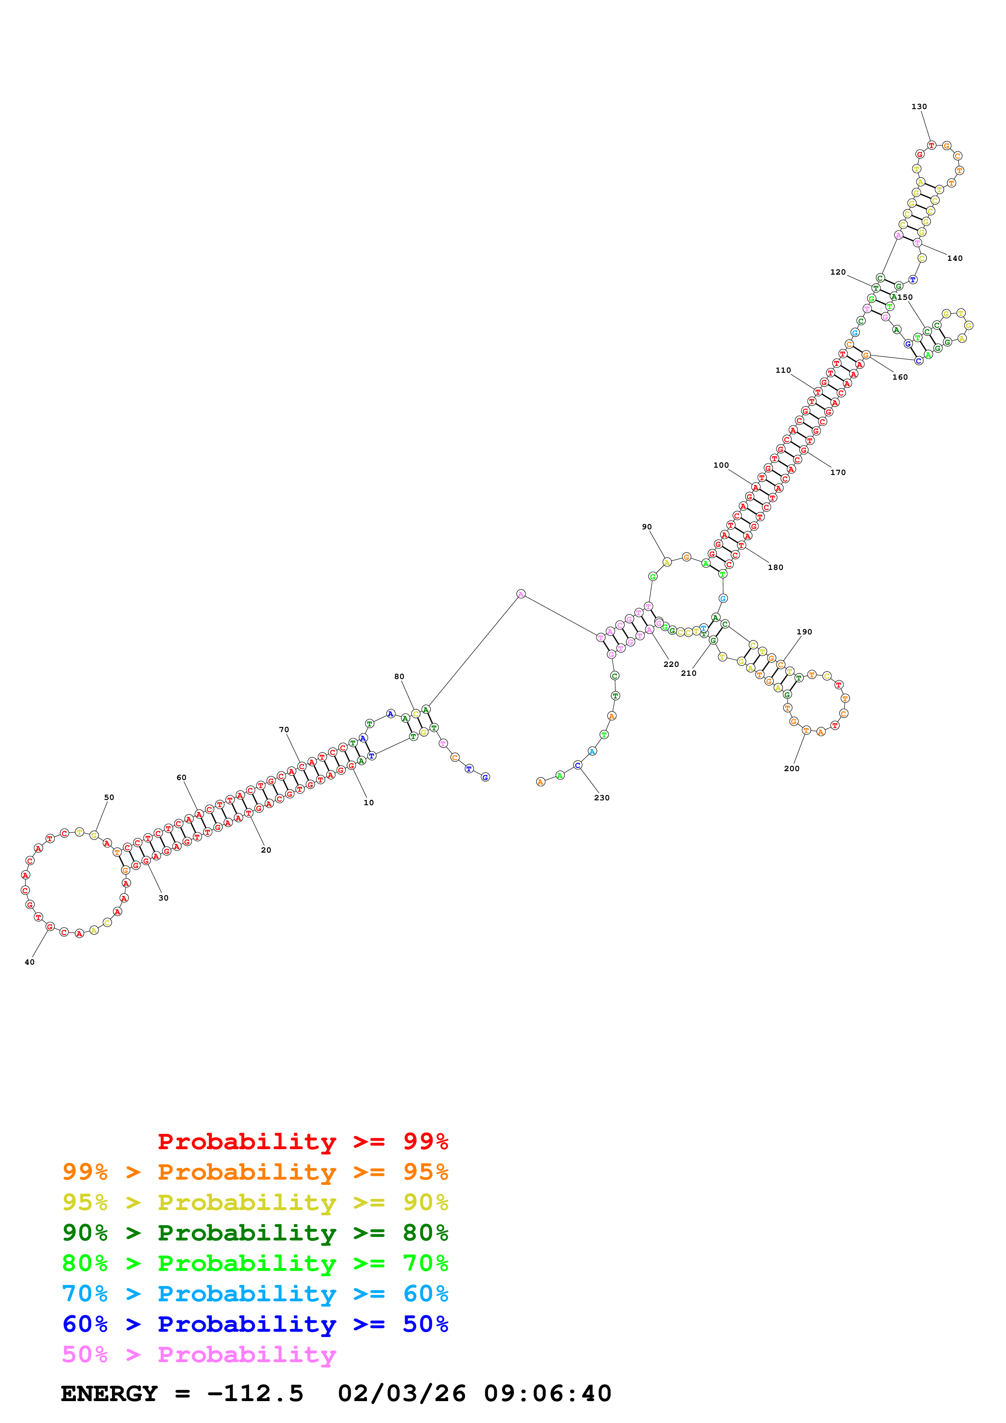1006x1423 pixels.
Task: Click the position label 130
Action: click(919, 107)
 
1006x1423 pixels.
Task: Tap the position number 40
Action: click(30, 962)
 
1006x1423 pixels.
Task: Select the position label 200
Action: click(792, 769)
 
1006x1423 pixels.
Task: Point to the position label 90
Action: click(646, 527)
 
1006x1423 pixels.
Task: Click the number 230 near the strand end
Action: click(601, 797)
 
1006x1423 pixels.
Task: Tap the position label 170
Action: click(838, 472)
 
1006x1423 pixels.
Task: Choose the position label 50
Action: click(109, 797)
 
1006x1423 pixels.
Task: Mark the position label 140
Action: click(954, 258)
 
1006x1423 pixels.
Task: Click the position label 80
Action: click(399, 677)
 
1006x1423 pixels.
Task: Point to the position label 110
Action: click(783, 370)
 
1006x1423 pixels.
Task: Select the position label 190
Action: click(804, 632)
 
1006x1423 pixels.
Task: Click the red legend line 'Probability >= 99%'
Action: click(302, 1141)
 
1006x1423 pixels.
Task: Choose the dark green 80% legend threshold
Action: click(425, 1233)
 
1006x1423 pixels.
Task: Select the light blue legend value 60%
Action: click(425, 1294)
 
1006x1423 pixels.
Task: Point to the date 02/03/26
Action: click(402, 1394)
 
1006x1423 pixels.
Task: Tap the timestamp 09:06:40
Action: click(547, 1394)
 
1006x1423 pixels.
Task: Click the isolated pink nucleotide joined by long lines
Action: click(521, 594)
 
